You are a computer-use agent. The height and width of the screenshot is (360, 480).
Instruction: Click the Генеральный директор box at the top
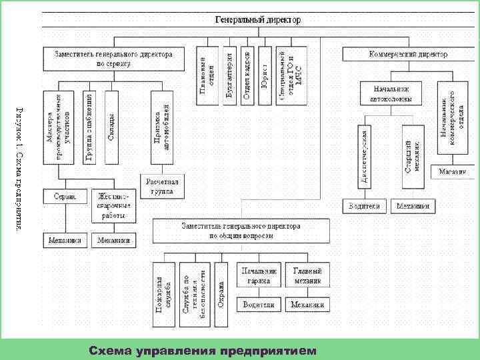[x=257, y=20]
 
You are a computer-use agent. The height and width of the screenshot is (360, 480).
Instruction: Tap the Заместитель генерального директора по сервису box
[x=107, y=59]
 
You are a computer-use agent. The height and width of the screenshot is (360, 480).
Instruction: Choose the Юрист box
[x=264, y=75]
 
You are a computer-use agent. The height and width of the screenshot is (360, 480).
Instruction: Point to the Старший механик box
[x=412, y=152]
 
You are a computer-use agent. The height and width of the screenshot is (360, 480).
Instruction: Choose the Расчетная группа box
[x=157, y=185]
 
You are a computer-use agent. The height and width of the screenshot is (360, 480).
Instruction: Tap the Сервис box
[x=65, y=196]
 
